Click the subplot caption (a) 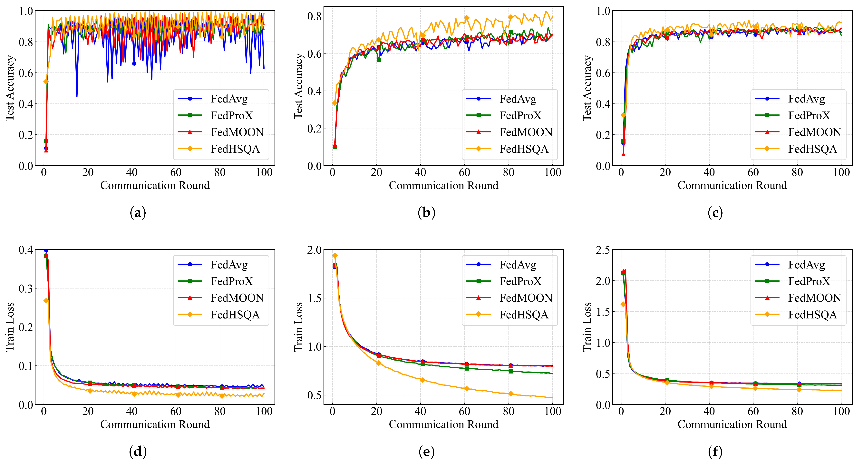(138, 213)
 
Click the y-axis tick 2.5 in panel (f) (603, 250)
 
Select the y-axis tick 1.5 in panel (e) (314, 298)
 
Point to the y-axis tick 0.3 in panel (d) (26, 288)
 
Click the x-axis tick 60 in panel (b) (464, 172)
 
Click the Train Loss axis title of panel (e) (298, 327)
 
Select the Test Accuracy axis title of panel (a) (10, 88)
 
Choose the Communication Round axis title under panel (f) (732, 424)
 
